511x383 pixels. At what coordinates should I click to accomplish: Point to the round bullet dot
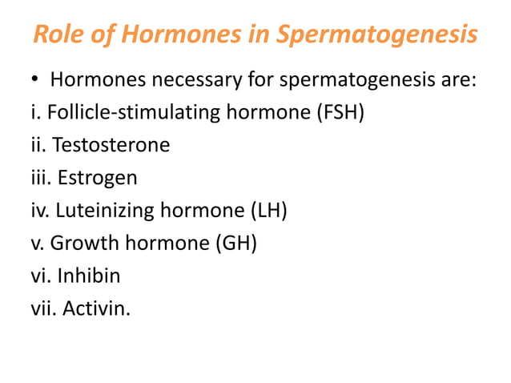click(34, 81)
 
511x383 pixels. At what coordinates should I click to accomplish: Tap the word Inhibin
click(90, 276)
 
